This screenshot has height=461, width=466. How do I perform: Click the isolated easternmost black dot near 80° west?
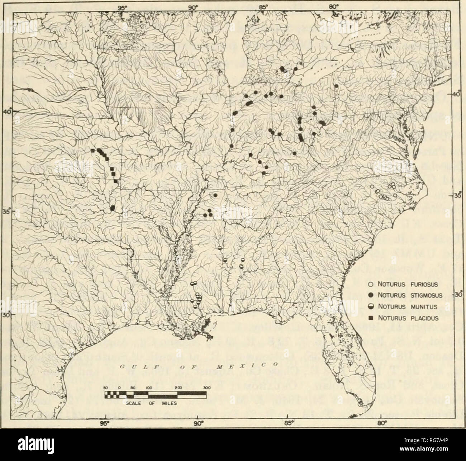[x=336, y=86]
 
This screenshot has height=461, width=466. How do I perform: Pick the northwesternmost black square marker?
[x=92, y=151]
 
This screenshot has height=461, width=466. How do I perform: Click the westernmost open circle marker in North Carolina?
[x=372, y=187]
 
